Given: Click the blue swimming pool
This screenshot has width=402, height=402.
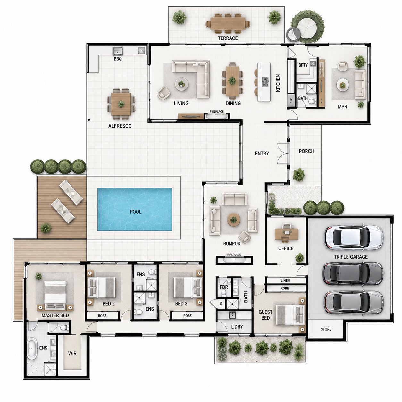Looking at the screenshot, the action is [x=135, y=209].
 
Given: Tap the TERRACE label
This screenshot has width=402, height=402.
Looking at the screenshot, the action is [x=228, y=38].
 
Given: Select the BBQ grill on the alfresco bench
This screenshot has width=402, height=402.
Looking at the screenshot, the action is [x=118, y=51].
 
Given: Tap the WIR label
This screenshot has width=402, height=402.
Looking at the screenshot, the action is [x=72, y=353].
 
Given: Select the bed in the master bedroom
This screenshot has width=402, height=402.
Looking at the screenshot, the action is [x=55, y=295].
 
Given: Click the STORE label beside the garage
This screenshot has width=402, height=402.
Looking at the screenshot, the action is [x=326, y=329].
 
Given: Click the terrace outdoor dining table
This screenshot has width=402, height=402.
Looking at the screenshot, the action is [x=228, y=24].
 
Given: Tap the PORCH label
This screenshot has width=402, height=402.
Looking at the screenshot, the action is [x=306, y=151].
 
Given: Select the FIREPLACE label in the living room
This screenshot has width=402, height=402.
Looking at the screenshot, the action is [x=216, y=112].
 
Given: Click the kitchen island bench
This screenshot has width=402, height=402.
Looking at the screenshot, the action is [x=264, y=82].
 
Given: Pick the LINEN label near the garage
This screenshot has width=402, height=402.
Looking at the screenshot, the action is [x=285, y=281].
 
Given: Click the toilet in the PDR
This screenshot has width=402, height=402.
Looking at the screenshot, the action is [x=223, y=293].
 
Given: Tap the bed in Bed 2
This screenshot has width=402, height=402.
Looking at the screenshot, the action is [x=102, y=288].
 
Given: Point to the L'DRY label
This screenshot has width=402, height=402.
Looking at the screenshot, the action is [x=237, y=326].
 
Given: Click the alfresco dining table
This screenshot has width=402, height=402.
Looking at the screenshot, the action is [x=121, y=104].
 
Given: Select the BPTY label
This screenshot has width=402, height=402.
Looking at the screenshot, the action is [x=303, y=65].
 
